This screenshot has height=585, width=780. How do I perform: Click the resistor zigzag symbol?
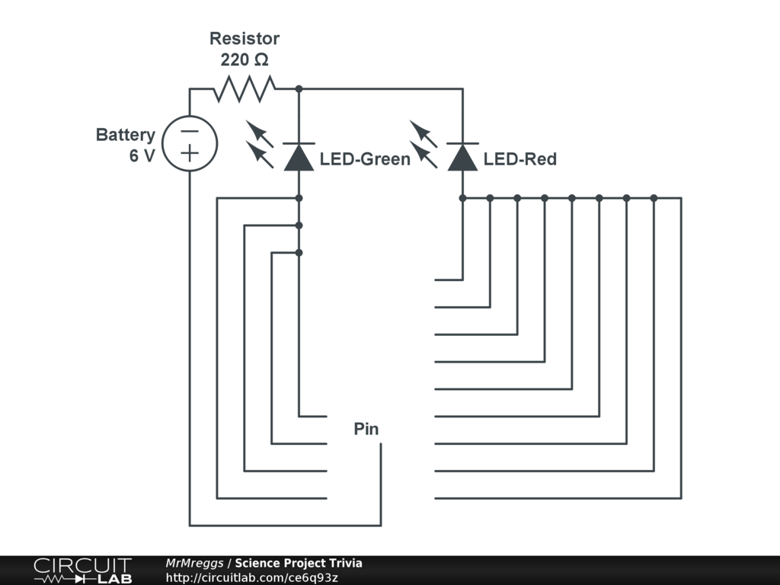245,89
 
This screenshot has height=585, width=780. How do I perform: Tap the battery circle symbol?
190,143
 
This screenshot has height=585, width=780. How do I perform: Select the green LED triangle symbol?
299,157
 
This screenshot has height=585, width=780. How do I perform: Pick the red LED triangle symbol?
462,157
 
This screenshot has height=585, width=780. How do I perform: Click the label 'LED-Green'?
365,159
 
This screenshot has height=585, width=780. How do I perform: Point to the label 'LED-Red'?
520,159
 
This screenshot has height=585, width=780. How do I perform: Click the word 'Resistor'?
245,38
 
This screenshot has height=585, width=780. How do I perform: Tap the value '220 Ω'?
245,59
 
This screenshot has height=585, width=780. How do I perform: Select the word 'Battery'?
125,135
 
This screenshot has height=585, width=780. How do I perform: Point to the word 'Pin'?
366,429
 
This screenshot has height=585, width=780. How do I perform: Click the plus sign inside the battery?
190,155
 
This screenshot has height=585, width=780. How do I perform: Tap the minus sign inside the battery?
190,131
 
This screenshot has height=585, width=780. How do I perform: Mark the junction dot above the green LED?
299,89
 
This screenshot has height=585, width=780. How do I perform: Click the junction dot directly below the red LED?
462,198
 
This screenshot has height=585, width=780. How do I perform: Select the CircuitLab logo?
82,571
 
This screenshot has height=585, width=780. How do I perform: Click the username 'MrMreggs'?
195,563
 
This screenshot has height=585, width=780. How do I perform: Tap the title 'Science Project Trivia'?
299,563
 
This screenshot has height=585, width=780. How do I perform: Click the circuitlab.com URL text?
252,577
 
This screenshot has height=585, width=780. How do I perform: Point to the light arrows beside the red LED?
424,145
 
